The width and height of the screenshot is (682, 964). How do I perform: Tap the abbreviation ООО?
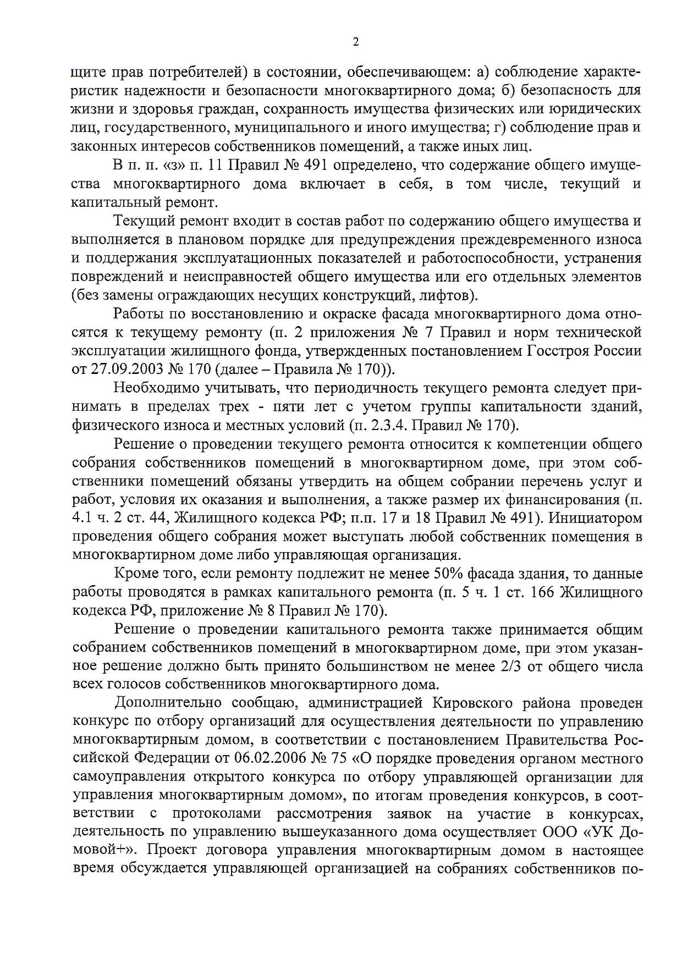tap(558, 832)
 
